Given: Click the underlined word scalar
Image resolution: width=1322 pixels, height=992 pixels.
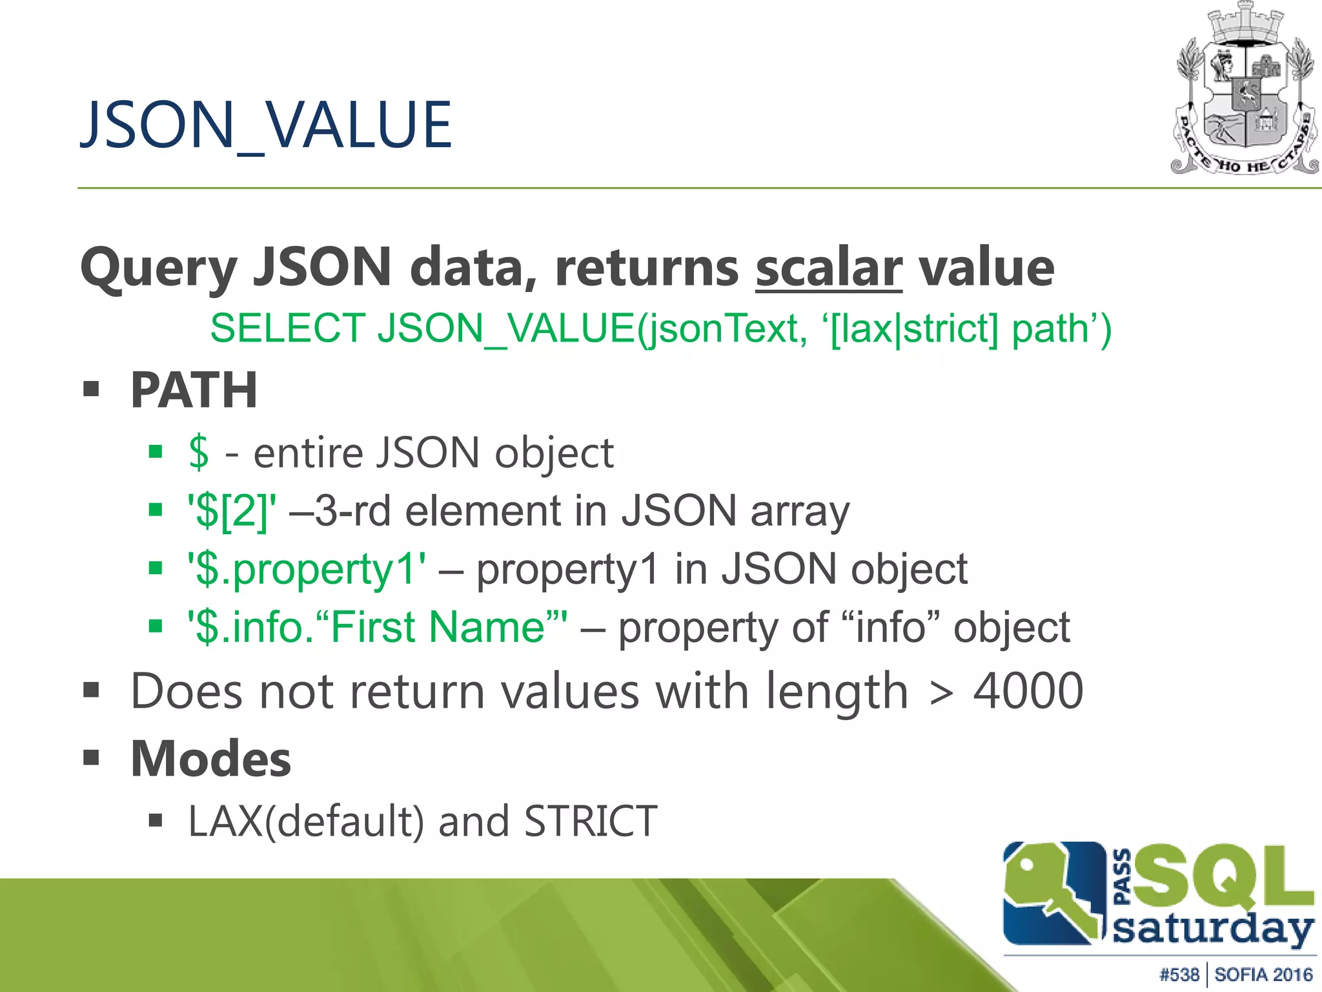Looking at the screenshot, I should click(x=828, y=267).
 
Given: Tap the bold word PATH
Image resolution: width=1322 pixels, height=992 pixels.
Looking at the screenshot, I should click(x=194, y=390).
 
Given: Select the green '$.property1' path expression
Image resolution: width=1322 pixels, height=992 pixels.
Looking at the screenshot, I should click(x=307, y=570).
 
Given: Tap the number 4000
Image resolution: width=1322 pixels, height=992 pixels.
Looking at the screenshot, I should click(x=1028, y=691).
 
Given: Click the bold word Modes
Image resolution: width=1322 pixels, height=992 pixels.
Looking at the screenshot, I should click(x=210, y=758).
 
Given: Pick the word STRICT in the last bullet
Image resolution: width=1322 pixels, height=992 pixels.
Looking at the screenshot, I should click(x=591, y=821).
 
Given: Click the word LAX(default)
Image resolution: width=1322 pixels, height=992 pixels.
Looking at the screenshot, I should click(x=306, y=821).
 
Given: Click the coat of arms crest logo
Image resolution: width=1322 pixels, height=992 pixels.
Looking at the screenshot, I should click(x=1245, y=90).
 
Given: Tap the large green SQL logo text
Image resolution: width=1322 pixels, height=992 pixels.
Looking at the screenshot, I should click(x=1223, y=876).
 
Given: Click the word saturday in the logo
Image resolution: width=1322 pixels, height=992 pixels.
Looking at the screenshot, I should click(x=1214, y=929).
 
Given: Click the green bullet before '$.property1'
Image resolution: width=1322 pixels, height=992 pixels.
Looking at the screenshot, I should click(x=156, y=568).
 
